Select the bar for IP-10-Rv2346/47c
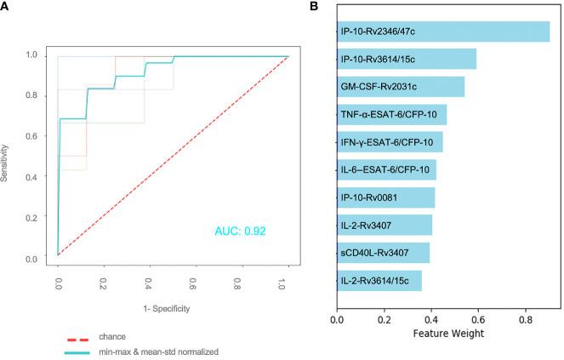click(442, 31)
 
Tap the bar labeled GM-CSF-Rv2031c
click(400, 87)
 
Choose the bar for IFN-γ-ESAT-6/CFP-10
click(390, 142)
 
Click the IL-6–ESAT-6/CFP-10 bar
click(386, 169)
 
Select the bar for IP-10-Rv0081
click(385, 197)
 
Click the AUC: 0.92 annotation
click(242, 230)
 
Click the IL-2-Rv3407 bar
click(385, 225)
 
